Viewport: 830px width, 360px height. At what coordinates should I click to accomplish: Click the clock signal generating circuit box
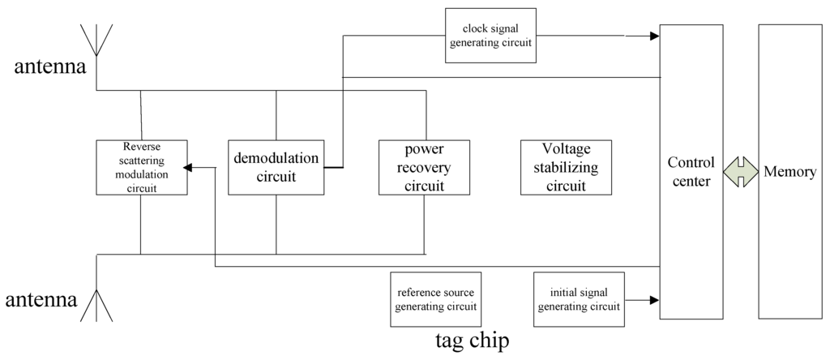click(x=491, y=36)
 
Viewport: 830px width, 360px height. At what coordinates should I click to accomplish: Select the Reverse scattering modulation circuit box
click(x=141, y=167)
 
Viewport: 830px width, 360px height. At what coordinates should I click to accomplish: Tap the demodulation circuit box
click(x=276, y=167)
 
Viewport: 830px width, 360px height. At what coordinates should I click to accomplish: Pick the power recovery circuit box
click(x=424, y=167)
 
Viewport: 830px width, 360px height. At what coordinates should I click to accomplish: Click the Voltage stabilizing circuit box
click(x=566, y=167)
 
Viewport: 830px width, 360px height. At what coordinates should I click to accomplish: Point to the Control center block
click(x=691, y=171)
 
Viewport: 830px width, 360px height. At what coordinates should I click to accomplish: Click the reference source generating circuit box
click(x=434, y=299)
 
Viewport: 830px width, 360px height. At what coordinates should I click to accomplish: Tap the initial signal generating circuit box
click(x=579, y=299)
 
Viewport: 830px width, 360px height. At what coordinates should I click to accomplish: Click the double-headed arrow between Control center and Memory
click(x=740, y=173)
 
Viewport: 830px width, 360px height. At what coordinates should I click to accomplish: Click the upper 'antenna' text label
click(x=49, y=67)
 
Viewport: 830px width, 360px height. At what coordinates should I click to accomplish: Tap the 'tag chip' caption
click(x=473, y=341)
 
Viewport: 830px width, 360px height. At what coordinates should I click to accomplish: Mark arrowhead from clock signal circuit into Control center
click(x=653, y=36)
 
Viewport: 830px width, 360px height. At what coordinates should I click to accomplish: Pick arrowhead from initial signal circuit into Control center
click(x=653, y=300)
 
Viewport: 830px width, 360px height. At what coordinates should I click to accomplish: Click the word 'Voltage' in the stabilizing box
click(x=567, y=150)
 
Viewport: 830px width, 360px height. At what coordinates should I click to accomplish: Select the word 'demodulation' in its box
click(x=276, y=158)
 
